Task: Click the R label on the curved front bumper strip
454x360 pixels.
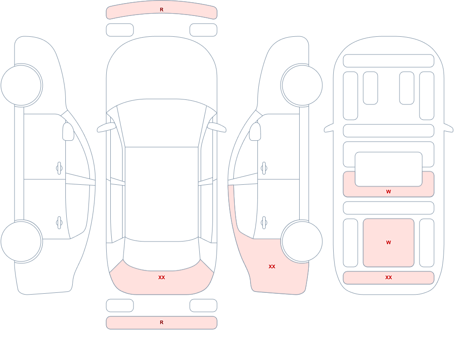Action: point(162,10)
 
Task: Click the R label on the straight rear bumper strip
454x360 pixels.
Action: point(162,322)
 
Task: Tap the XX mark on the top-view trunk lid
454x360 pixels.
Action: point(162,277)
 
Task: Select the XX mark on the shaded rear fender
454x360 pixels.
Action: point(272,266)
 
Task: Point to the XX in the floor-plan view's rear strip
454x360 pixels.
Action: point(389,277)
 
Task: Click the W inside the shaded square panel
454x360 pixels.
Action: point(389,242)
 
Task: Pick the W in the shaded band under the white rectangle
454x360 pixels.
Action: point(389,192)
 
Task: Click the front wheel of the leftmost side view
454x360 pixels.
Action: point(21,85)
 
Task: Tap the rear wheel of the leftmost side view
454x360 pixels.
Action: point(21,242)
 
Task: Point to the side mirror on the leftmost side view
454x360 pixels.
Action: point(68,132)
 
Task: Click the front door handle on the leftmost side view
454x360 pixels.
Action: point(59,168)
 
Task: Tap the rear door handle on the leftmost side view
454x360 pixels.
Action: point(59,223)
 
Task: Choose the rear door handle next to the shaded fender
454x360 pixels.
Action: point(264,223)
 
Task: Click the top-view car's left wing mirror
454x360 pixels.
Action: point(106,128)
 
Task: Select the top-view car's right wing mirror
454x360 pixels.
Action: point(217,128)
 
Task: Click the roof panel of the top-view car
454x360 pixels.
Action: point(162,194)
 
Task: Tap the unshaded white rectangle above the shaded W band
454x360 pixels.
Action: point(389,169)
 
